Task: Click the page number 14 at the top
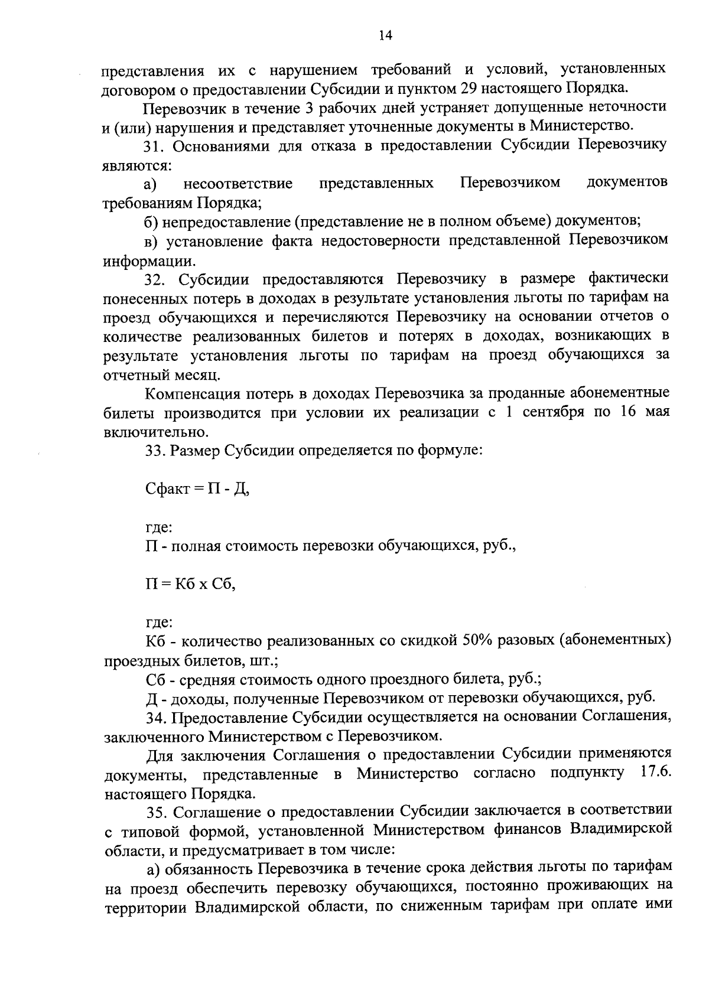[385, 36]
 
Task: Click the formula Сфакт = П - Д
[197, 489]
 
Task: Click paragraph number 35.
[157, 812]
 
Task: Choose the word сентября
[552, 412]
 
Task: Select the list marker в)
[152, 241]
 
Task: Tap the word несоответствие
[238, 183]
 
